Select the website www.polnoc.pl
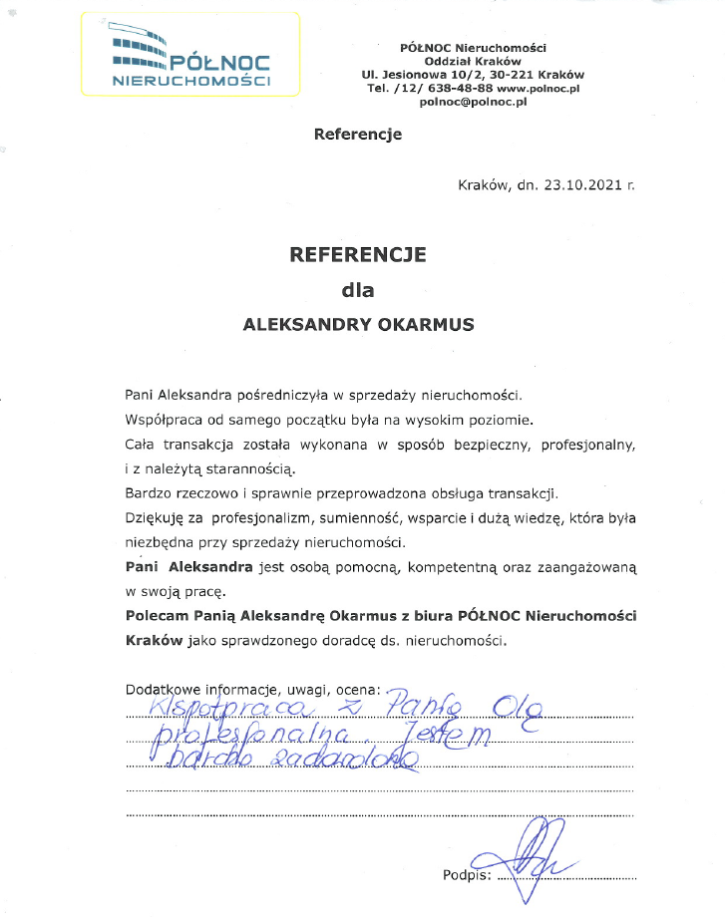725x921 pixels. tap(539, 89)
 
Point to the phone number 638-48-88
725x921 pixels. tap(458, 89)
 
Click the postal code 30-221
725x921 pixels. tap(512, 75)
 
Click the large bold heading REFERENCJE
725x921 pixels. tap(357, 254)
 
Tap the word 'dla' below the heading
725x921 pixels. tap(357, 291)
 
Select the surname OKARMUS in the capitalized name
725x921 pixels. tap(424, 324)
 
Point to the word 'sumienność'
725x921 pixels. tap(340, 518)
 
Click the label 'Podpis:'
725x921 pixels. tap(467, 875)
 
